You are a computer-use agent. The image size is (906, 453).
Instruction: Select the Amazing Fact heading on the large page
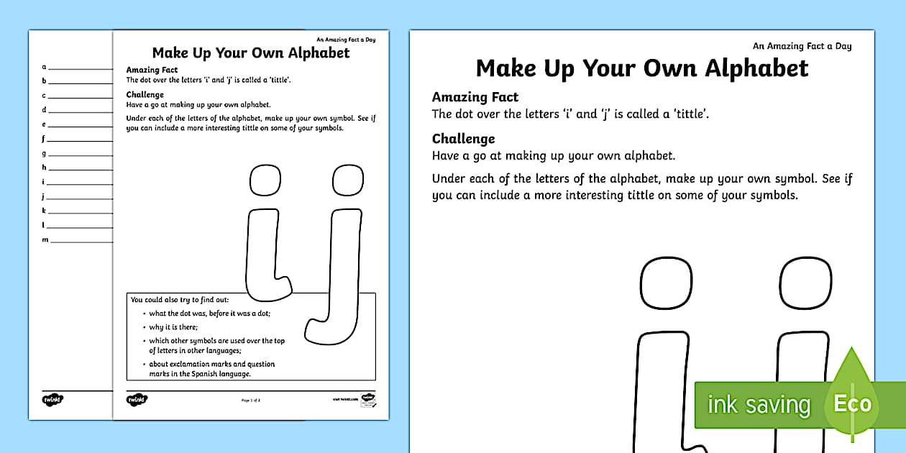(x=475, y=97)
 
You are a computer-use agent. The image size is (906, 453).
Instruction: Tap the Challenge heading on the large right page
(x=463, y=139)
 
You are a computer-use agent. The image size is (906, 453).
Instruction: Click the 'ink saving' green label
(x=759, y=405)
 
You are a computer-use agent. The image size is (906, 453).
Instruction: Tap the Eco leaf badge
(x=853, y=403)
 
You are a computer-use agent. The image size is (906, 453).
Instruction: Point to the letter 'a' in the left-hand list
(x=44, y=66)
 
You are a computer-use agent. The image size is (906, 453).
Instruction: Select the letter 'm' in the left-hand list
(x=45, y=239)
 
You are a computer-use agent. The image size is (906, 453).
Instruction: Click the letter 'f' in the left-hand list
(x=44, y=138)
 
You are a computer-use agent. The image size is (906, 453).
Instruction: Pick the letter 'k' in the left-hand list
(x=44, y=211)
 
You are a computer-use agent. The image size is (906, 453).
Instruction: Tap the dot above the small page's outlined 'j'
(x=347, y=180)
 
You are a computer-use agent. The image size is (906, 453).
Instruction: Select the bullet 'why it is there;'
(x=168, y=327)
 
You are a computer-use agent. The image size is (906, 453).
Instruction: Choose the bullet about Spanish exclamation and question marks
(x=211, y=369)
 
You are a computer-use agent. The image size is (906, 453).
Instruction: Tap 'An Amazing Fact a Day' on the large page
(x=802, y=46)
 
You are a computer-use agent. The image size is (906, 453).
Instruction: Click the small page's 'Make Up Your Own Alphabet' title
(x=251, y=53)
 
